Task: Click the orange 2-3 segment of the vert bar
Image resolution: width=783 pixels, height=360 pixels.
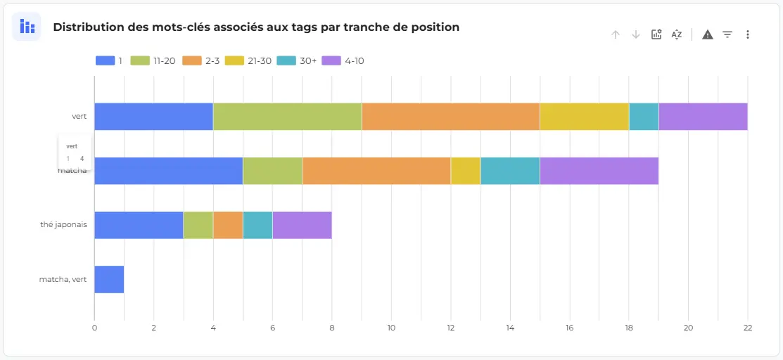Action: click(450, 116)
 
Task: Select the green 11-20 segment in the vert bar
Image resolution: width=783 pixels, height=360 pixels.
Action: click(287, 116)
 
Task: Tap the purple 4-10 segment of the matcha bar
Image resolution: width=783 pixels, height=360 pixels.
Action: click(599, 171)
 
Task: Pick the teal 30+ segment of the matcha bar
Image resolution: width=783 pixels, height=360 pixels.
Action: click(509, 171)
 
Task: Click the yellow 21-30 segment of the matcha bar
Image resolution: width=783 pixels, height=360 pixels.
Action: click(465, 171)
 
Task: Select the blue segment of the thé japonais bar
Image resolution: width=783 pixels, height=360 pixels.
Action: click(139, 225)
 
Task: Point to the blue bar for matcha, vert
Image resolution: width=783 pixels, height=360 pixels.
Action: click(109, 279)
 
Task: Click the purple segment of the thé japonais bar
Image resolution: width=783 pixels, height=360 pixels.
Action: click(302, 225)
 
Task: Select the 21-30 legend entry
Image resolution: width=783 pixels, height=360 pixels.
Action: click(248, 61)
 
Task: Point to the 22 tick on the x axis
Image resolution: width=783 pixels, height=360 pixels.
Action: click(747, 327)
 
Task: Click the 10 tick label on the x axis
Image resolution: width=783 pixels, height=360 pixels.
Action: click(391, 327)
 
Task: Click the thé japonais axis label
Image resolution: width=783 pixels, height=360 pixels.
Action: click(63, 225)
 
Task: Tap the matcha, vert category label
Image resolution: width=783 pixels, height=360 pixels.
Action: click(63, 279)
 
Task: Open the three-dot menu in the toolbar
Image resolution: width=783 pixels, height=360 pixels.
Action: click(748, 34)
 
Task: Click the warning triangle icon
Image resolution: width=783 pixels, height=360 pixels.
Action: click(708, 34)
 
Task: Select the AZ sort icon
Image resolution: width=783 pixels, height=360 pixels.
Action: click(677, 34)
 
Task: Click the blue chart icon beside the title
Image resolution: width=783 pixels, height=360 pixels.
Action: click(27, 27)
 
